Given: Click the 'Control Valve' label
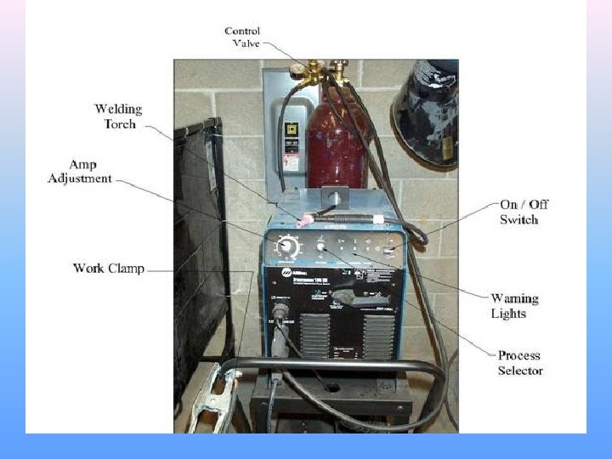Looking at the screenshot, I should [242, 37].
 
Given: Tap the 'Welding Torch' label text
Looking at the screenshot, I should [118, 116].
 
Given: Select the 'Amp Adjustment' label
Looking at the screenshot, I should [81, 171].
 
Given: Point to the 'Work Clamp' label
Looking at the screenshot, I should [108, 269].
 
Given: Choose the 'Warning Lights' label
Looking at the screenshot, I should [514, 306].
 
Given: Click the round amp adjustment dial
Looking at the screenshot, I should [288, 247].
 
